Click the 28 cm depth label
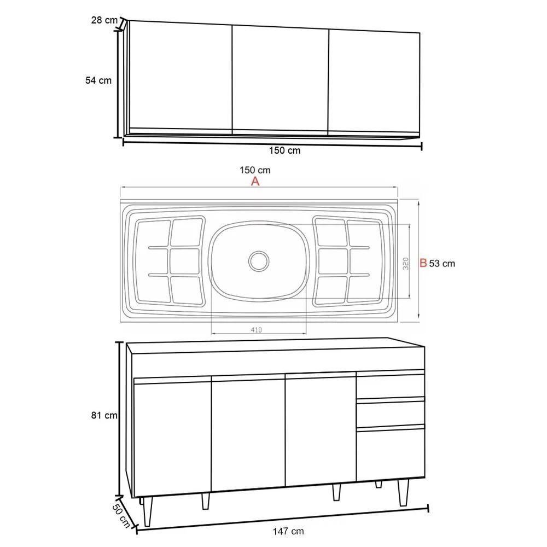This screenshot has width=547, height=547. pyautogui.click(x=104, y=20)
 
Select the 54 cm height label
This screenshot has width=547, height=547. pyautogui.click(x=98, y=80)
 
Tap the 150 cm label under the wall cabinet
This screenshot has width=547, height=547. pyautogui.click(x=284, y=150)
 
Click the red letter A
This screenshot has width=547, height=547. pyautogui.click(x=255, y=182)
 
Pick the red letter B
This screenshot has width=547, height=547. pyautogui.click(x=422, y=263)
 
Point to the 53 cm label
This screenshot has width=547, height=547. pyautogui.click(x=442, y=264)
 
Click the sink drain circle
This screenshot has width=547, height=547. pyautogui.click(x=258, y=260)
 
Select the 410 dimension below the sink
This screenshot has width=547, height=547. pyautogui.click(x=257, y=329)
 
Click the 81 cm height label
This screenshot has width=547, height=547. pyautogui.click(x=104, y=415)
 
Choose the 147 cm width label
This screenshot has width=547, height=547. pyautogui.click(x=289, y=531)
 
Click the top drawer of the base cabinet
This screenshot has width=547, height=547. pyautogui.click(x=391, y=385)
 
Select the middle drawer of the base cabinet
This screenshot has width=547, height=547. pyautogui.click(x=391, y=413)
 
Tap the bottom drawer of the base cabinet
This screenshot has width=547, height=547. pyautogui.click(x=391, y=453)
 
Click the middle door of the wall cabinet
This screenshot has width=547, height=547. pyautogui.click(x=281, y=78)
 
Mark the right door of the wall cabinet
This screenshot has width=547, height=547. pyautogui.click(x=375, y=79)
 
